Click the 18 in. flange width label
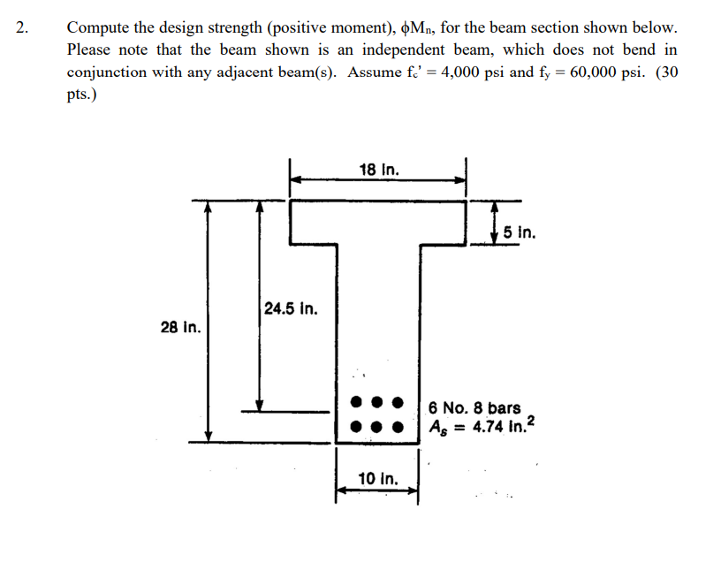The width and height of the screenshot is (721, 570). coord(379,170)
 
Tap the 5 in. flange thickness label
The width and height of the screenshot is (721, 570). coord(520,232)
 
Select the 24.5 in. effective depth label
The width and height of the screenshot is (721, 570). coord(291,308)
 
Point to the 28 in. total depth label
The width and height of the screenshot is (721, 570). coord(181,327)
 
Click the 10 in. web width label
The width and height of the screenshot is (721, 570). coord(378,478)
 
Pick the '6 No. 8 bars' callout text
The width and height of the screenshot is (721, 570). coord(474,407)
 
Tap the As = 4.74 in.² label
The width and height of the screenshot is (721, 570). coord(482,426)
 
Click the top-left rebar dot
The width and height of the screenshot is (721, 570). coord(356,401)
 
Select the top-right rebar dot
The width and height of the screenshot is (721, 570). coord(398,402)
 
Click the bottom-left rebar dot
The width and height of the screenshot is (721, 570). coord(356,427)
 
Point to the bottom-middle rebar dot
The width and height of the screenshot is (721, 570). coord(377,427)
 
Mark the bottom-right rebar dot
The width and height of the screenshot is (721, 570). coord(398,427)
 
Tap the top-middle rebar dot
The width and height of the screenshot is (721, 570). coord(377,402)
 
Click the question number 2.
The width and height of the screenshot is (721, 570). coord(21,27)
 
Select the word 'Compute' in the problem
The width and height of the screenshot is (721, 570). coord(98,28)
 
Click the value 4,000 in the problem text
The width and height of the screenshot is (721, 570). coord(459,72)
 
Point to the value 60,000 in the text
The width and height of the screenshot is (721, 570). coord(592,72)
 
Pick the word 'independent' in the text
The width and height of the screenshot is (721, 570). coord(403,50)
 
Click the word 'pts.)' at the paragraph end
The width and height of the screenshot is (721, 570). coord(82,95)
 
